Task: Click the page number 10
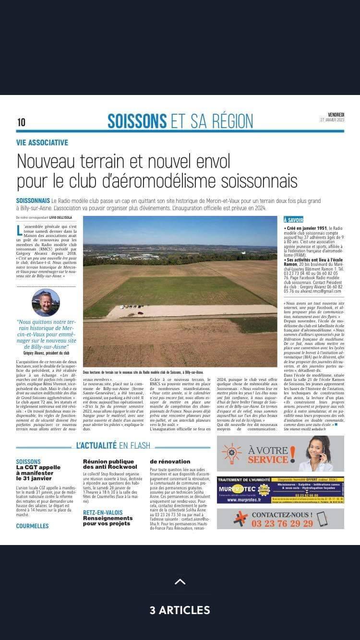pos(21,122)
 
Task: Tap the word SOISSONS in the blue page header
pos(137,121)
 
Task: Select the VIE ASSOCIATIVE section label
pos(42,142)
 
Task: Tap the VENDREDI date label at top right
pos(336,115)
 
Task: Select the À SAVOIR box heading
pos(293,220)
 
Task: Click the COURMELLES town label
pos(32,526)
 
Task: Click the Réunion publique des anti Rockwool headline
pos(110,463)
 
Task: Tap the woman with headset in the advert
pos(317,454)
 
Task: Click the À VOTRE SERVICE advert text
pos(271,454)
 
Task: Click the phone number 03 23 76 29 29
pos(282,523)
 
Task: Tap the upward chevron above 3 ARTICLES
pos(180,582)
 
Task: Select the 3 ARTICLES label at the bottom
pos(180,610)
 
